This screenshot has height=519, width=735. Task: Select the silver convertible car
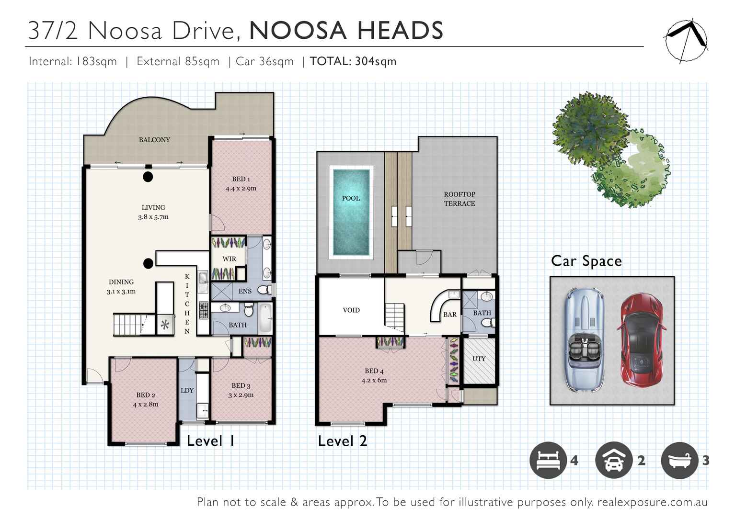pos(584,340)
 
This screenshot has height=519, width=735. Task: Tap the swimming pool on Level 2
pos(351,212)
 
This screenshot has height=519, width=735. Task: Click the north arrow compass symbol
pos(686,41)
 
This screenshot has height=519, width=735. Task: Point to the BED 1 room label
pos(241,179)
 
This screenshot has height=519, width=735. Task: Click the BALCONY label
pos(154,140)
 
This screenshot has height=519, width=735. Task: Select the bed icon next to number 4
pos(548,461)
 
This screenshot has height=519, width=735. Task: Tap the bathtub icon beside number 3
pos(679,461)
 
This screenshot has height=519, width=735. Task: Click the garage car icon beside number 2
pos(613,461)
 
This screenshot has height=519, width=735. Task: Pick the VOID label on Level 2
pos(351,310)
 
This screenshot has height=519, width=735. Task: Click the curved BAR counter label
pos(450,315)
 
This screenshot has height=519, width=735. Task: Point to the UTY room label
pos(479,359)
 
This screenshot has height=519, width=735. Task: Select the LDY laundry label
pos(187,390)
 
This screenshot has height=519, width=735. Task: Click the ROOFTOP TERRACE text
pos(459,199)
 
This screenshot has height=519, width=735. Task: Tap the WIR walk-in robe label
pos(229,259)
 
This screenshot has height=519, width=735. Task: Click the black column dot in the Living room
pos(148,177)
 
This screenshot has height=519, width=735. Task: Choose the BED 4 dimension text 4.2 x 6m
pos(374,380)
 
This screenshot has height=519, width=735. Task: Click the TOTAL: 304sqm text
pos(353,61)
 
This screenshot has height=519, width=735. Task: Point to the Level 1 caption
pos(211,441)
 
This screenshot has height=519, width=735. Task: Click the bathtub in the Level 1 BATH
pos(265,317)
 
